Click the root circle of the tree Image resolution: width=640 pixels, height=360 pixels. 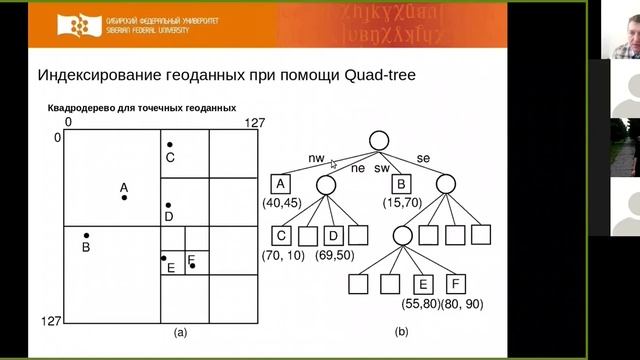point(378,141)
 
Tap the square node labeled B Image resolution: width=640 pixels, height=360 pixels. point(402,184)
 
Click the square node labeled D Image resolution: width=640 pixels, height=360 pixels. point(333,236)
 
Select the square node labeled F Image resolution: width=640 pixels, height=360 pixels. point(457,284)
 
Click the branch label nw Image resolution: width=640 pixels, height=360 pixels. point(316,158)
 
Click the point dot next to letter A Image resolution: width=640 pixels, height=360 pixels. point(124,197)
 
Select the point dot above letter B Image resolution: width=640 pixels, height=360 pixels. point(85,235)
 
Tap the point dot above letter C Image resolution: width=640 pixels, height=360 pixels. point(170,146)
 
